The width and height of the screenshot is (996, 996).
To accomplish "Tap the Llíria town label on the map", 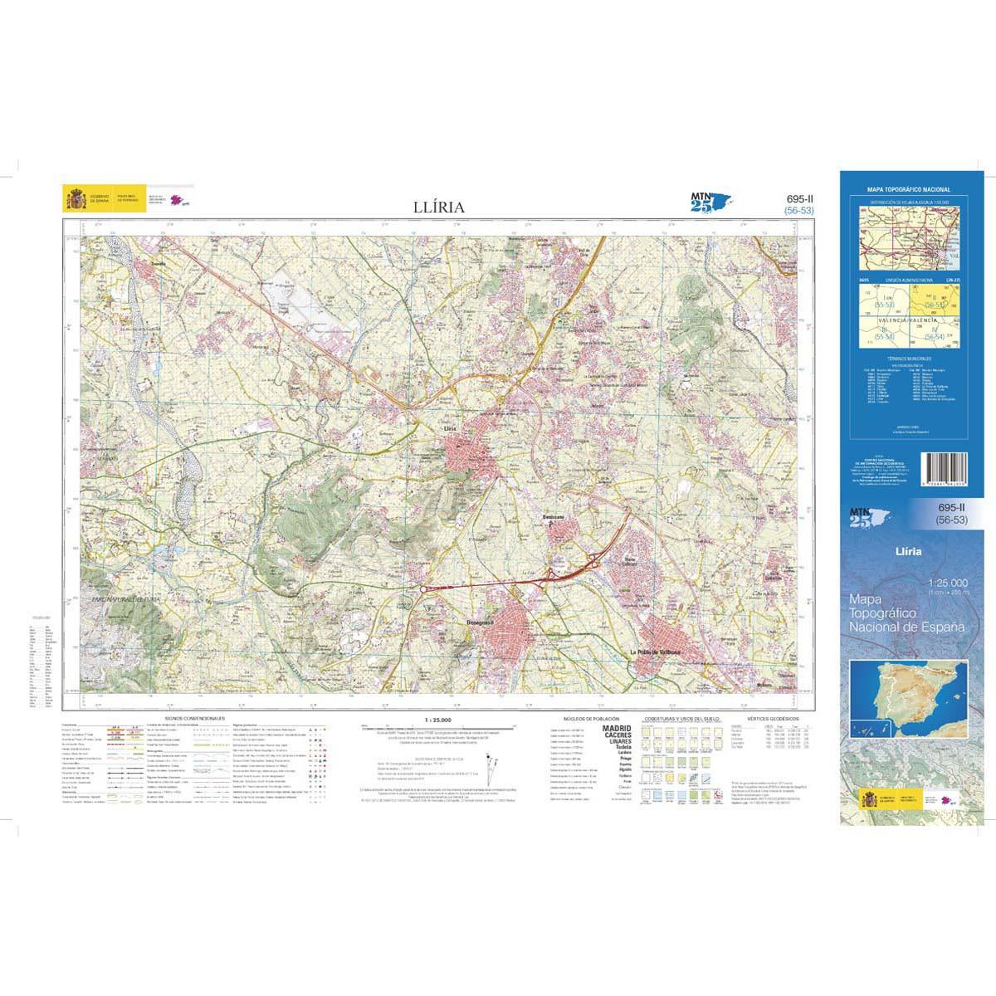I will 452,427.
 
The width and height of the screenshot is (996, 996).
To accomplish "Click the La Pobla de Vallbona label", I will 656,652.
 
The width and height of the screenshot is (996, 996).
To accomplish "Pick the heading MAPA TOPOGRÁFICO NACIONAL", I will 908,190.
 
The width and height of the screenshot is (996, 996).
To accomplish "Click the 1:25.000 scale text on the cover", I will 947,583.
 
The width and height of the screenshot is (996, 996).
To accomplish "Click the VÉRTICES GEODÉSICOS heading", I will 772,716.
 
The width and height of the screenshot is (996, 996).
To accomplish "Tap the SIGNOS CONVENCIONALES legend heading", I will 195,716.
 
